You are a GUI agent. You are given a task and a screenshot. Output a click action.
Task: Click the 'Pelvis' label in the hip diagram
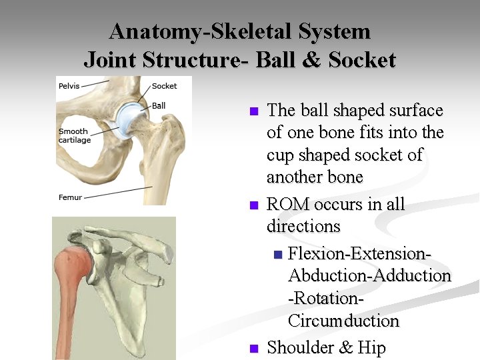coord(69,86)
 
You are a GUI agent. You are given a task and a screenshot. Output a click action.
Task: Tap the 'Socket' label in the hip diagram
coord(164,86)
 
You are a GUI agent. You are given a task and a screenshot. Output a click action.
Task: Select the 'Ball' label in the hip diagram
coord(159,105)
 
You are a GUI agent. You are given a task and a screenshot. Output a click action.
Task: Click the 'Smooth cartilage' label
coord(75,136)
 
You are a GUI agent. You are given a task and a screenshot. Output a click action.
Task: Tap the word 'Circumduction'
coord(343,321)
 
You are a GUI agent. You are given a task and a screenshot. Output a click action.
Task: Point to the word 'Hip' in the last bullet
coord(371,348)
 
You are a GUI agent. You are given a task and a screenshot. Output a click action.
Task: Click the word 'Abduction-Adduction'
coord(369,275)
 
